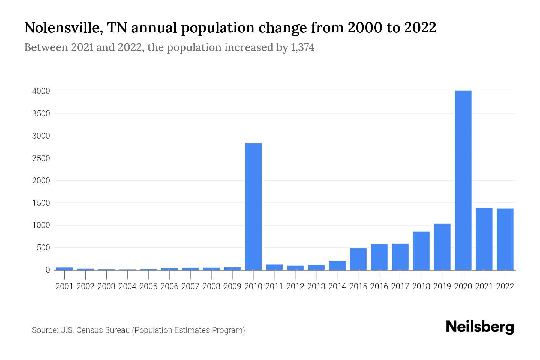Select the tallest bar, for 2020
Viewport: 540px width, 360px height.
[463, 180]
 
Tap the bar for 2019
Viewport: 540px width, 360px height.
[442, 247]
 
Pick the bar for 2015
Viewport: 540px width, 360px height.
[358, 259]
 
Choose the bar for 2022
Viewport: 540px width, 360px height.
[505, 239]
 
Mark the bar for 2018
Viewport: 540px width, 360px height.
[421, 251]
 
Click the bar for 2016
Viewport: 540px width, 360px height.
[379, 257]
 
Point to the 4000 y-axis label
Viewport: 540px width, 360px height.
[41, 91]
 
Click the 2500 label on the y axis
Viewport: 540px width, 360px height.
[41, 158]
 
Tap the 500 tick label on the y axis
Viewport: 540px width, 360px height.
[43, 248]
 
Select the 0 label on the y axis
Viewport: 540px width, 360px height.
[48, 270]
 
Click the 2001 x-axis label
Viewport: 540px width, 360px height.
[64, 286]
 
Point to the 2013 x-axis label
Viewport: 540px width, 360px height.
[316, 286]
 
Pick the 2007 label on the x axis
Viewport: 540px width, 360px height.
[190, 286]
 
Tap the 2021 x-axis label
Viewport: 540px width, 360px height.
[484, 286]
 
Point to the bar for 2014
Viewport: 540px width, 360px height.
[337, 265]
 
